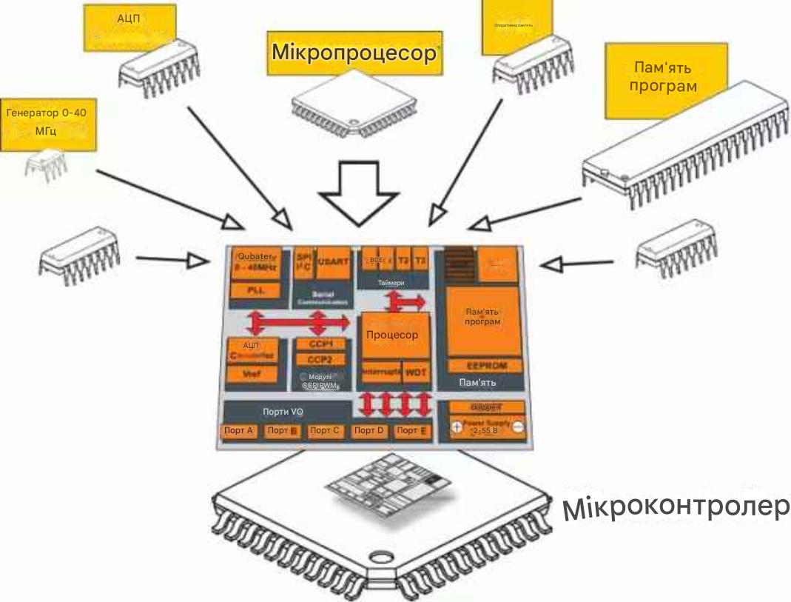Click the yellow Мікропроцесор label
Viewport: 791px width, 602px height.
pyautogui.click(x=356, y=53)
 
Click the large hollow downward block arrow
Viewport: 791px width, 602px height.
pyautogui.click(x=357, y=194)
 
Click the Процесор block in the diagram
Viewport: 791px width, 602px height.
pyautogui.click(x=391, y=335)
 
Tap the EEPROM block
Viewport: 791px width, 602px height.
pyautogui.click(x=486, y=366)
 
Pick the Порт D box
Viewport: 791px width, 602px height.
pyautogui.click(x=368, y=431)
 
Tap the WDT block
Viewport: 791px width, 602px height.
pyautogui.click(x=414, y=372)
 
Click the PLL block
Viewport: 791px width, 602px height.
pyautogui.click(x=254, y=290)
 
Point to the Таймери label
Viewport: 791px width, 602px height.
pyautogui.click(x=391, y=283)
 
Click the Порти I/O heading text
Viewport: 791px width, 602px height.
pyautogui.click(x=284, y=412)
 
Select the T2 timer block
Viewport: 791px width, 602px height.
pyautogui.click(x=403, y=261)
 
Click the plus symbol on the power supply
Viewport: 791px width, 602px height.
pyautogui.click(x=457, y=428)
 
